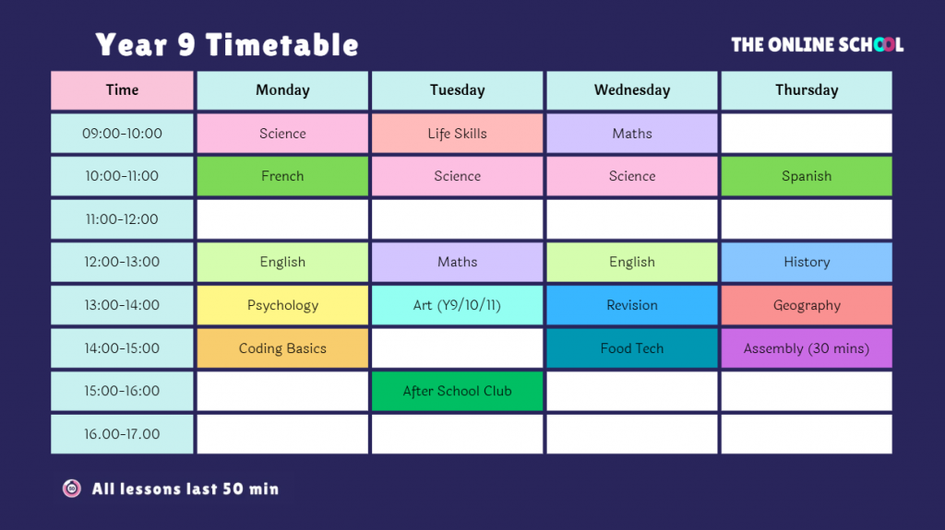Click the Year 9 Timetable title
(227, 44)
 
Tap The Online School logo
(818, 44)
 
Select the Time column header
(123, 90)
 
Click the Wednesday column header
(632, 90)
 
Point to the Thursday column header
(807, 90)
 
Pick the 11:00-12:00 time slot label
(123, 219)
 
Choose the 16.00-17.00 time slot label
(123, 434)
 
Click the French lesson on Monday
(282, 176)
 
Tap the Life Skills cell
(458, 133)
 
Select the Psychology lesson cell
(282, 305)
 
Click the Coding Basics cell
(282, 348)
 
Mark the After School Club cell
(458, 392)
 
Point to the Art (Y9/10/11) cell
(458, 305)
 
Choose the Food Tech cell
(632, 348)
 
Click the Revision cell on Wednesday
(632, 305)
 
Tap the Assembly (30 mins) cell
(807, 348)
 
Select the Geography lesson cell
(807, 305)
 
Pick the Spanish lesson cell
(807, 176)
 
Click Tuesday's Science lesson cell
(458, 176)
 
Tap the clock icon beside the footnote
(72, 489)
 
